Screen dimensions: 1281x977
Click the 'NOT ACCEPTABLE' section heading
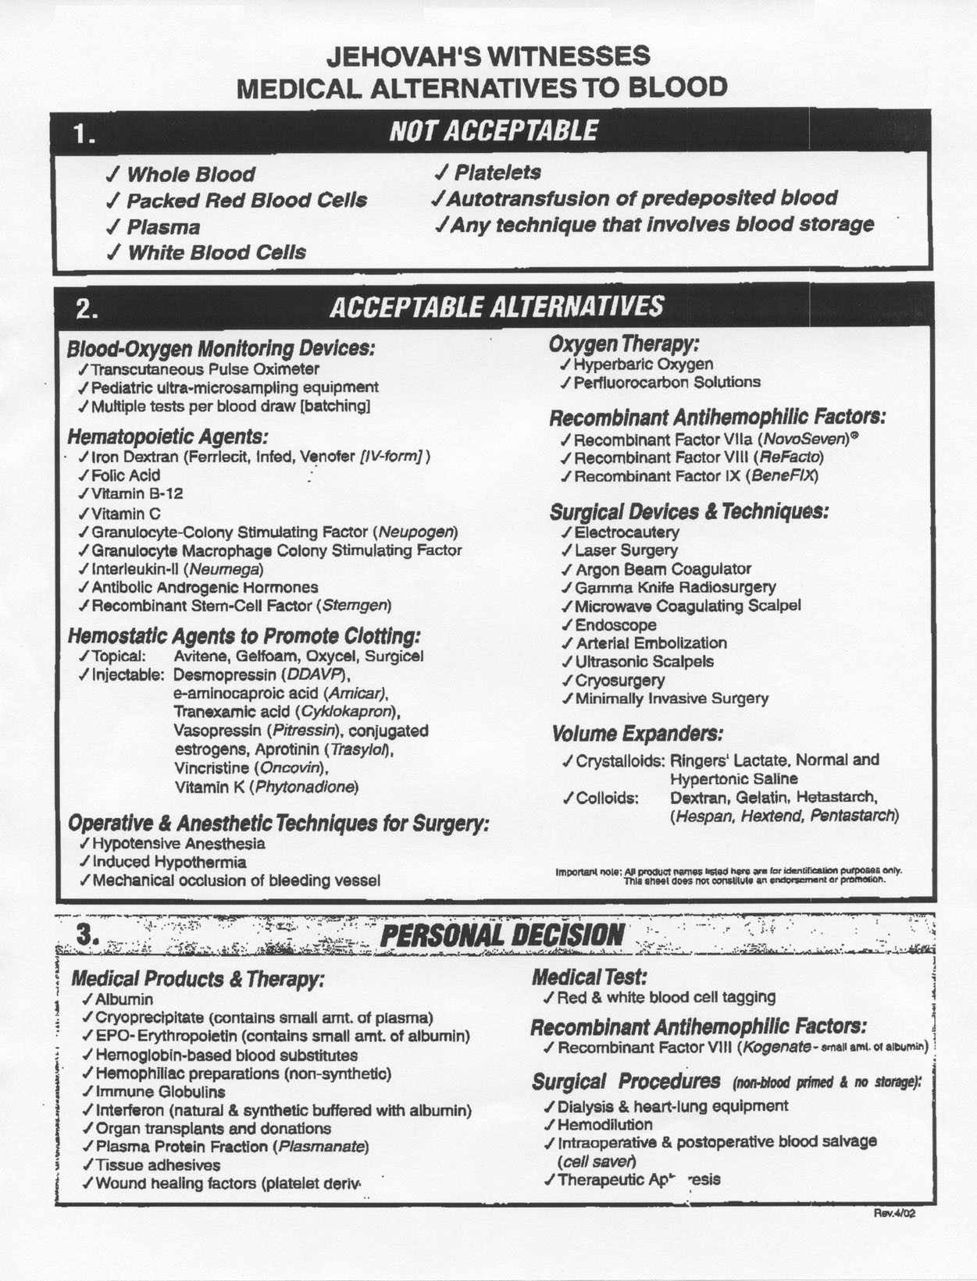(494, 130)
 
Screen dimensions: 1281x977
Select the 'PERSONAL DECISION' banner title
(501, 934)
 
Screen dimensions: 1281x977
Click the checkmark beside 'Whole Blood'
(113, 174)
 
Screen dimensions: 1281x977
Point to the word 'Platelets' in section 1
(497, 172)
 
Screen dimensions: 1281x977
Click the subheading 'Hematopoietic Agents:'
(168, 436)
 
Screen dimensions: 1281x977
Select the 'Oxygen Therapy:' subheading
(623, 343)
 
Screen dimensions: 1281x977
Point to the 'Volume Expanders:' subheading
(636, 734)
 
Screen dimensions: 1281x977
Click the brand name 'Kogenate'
(775, 1047)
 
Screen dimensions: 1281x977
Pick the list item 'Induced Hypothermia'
(169, 862)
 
